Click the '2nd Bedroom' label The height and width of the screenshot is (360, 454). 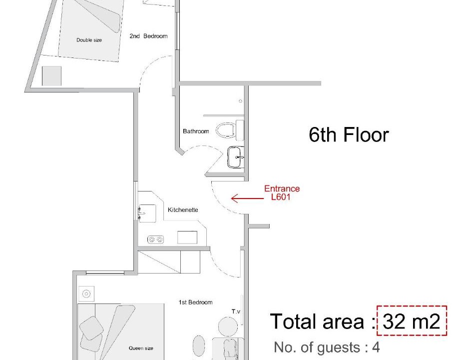tap(148, 36)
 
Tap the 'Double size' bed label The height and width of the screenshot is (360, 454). tap(89, 40)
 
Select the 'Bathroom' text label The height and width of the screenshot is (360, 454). tap(196, 131)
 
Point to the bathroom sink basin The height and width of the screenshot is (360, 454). tap(235, 157)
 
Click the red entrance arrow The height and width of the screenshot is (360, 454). tap(247, 198)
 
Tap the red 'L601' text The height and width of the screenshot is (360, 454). tap(281, 197)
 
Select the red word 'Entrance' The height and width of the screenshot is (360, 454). tap(282, 188)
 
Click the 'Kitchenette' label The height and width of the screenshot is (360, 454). tap(183, 210)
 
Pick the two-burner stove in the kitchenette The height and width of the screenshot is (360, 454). tap(155, 239)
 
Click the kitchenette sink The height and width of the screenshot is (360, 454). tap(147, 213)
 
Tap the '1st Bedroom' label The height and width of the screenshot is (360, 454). tap(195, 302)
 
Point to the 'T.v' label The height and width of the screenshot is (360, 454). tap(236, 311)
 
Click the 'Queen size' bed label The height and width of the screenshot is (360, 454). tap(141, 348)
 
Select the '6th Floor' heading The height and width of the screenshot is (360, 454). tap(349, 135)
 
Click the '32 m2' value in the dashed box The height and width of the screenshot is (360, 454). tap(412, 321)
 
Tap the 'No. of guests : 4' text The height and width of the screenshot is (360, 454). tap(327, 347)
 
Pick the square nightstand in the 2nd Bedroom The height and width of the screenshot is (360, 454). tap(51, 76)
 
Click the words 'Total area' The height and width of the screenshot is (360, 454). tap(317, 321)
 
